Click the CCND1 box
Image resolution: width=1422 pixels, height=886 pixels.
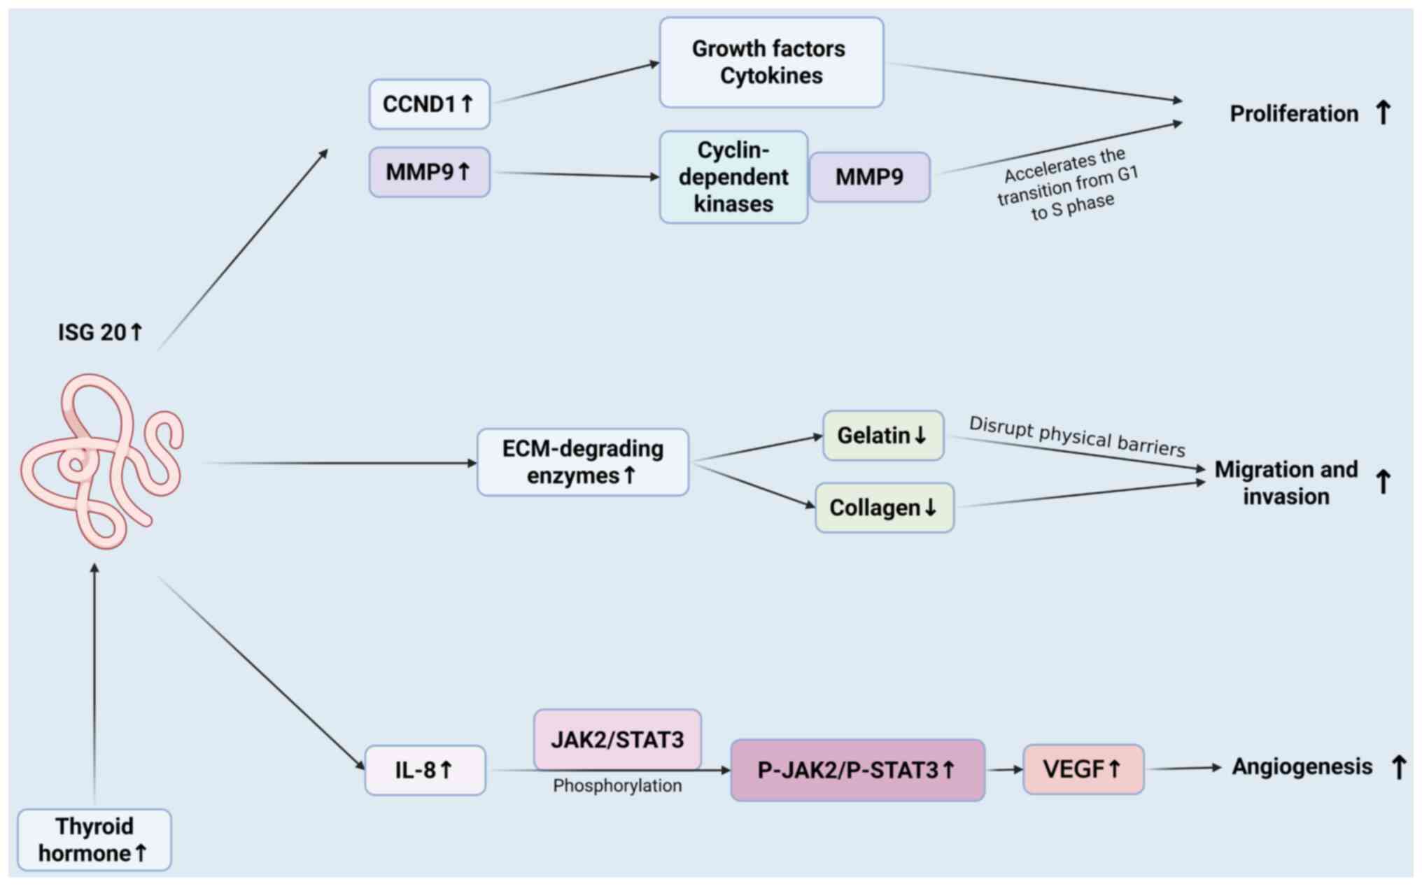click(430, 104)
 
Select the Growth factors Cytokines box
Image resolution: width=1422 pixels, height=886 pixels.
click(771, 62)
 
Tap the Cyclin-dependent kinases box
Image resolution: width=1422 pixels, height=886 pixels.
click(733, 177)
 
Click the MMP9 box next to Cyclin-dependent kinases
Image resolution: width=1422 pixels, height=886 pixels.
click(870, 177)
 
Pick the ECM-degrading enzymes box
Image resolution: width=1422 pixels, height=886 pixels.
click(583, 462)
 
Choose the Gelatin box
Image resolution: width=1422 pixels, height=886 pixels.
click(883, 436)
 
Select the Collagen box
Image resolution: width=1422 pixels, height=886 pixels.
click(885, 508)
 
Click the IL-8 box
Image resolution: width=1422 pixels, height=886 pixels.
click(425, 770)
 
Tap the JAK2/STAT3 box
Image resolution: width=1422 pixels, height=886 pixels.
click(617, 739)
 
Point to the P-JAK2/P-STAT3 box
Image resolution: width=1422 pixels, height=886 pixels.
click(857, 770)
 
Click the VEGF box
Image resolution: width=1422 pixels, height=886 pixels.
click(1083, 769)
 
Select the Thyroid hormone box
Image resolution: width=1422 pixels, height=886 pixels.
click(94, 840)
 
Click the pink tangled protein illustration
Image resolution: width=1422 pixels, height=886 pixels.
click(102, 460)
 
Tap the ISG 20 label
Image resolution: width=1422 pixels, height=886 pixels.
click(100, 332)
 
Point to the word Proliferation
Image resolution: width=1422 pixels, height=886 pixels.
click(1294, 113)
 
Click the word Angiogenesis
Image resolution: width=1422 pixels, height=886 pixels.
click(1302, 767)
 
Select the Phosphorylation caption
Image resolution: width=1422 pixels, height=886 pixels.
click(617, 786)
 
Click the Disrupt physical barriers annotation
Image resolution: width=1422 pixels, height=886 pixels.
click(1077, 436)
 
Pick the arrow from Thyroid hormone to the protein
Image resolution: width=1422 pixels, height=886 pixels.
click(94, 683)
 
